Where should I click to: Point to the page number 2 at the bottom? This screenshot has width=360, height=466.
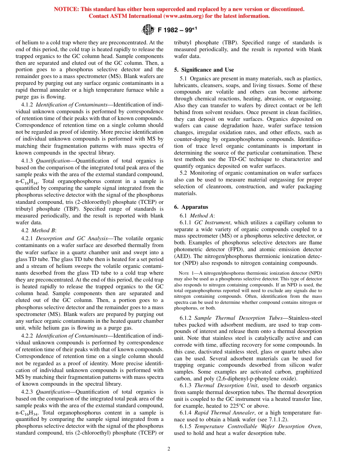pyautogui.click(x=169, y=449)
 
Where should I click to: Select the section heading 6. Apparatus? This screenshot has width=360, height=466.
pyautogui.click(x=191, y=207)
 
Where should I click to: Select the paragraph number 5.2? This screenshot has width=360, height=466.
pyautogui.click(x=184, y=173)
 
